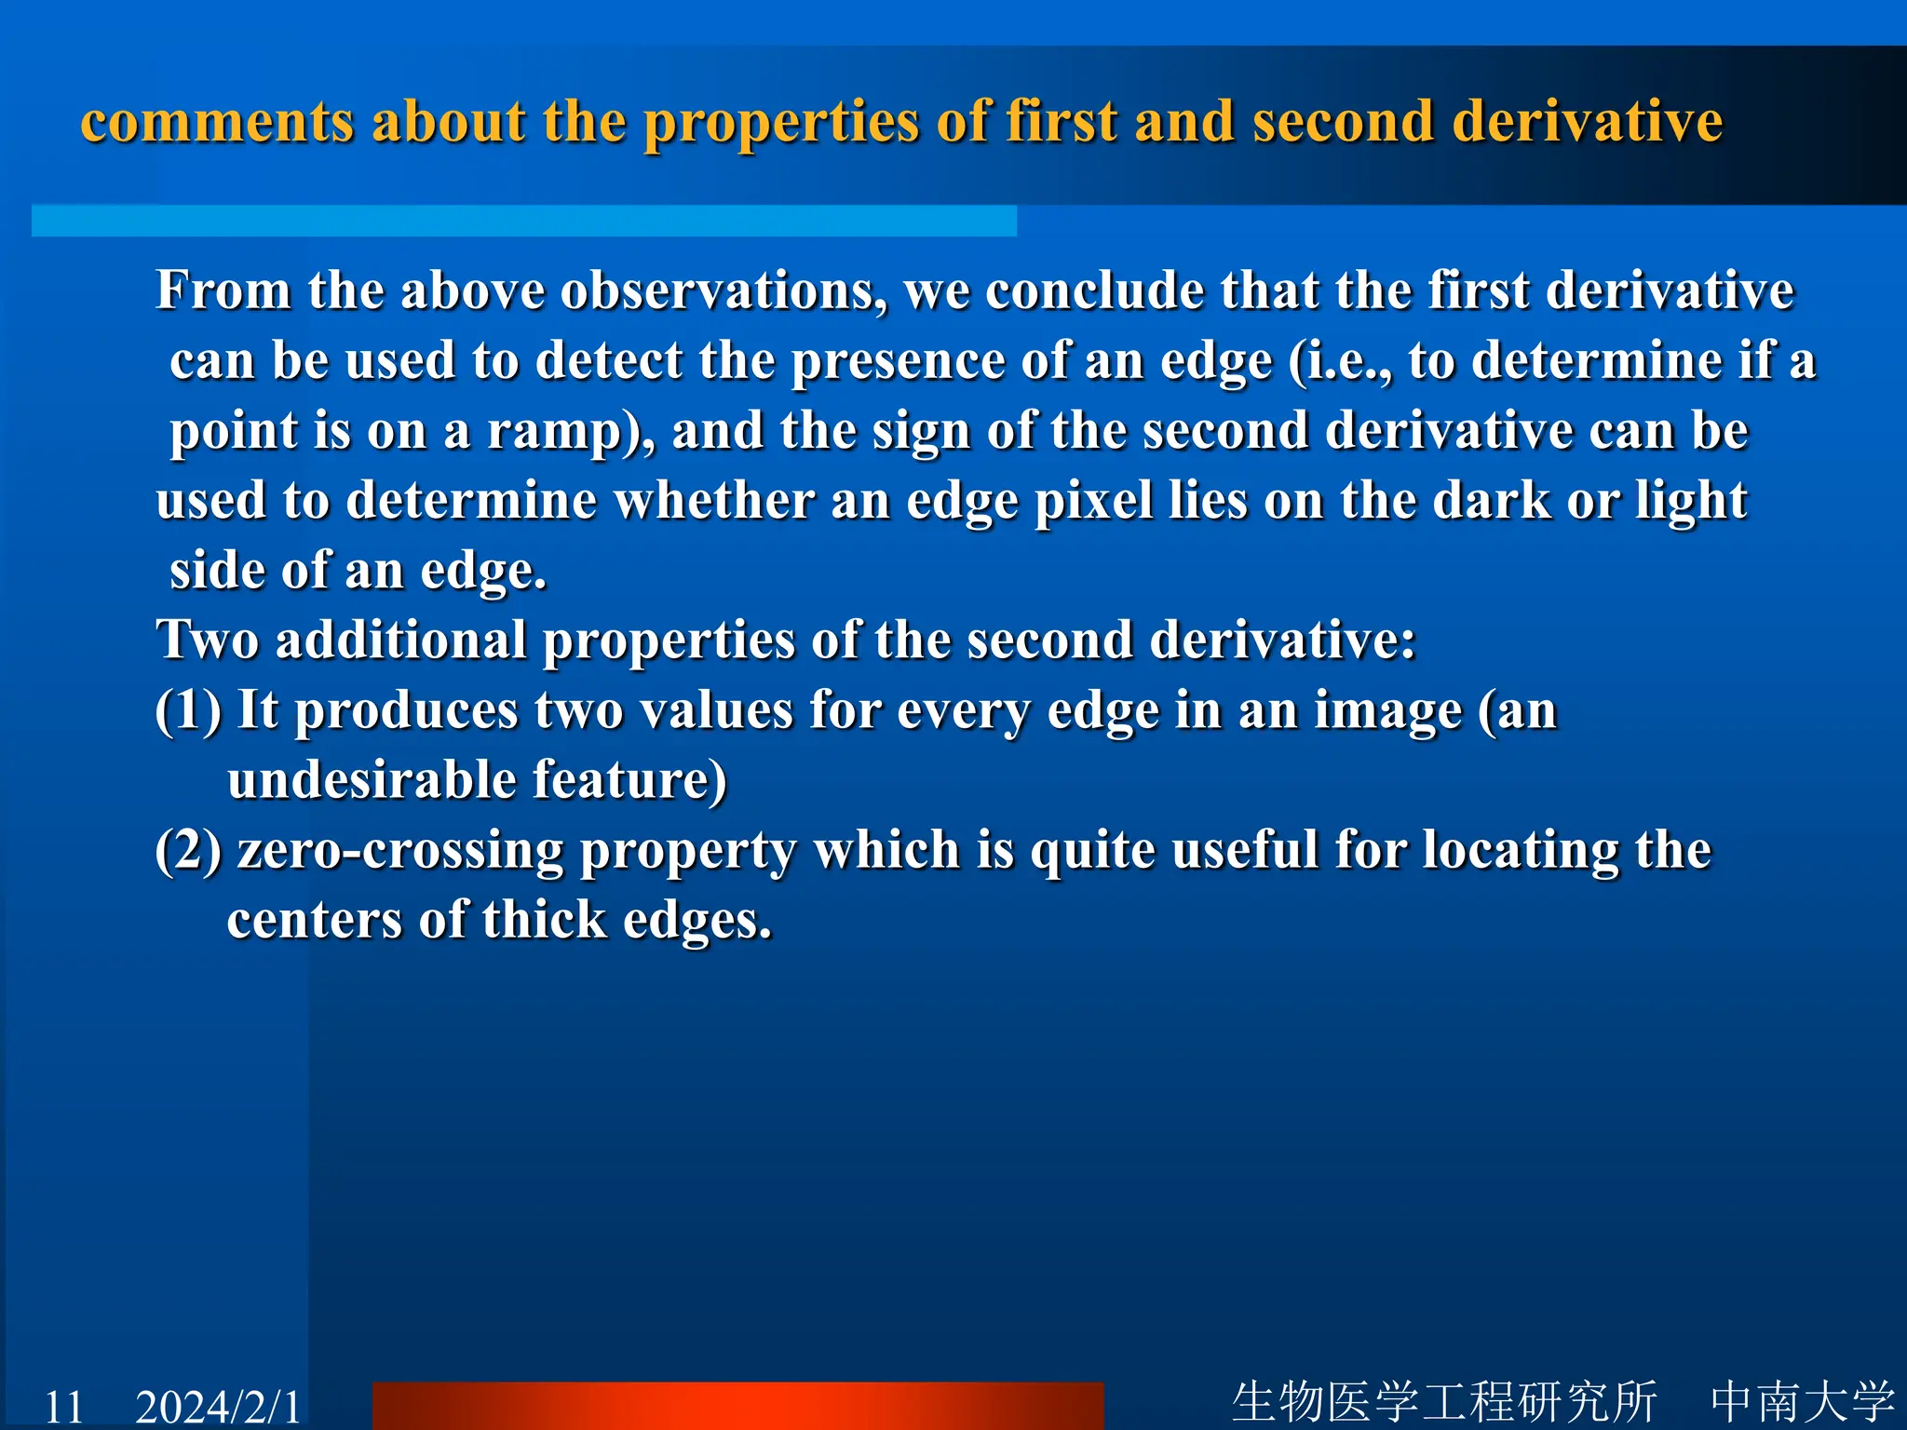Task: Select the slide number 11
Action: point(64,1406)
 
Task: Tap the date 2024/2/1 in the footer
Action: point(219,1406)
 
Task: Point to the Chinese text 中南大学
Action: point(1802,1402)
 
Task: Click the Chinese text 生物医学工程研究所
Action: point(1444,1402)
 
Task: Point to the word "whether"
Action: point(714,502)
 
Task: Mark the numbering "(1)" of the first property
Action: point(188,711)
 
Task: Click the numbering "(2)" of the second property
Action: point(188,852)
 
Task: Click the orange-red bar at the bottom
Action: point(737,1406)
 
